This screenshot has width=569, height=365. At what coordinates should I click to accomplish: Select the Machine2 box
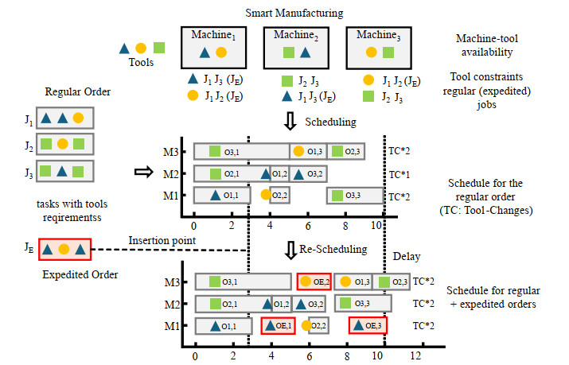294,47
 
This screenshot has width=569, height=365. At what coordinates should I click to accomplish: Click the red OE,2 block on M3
314,282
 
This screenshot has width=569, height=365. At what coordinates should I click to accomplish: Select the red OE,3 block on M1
368,324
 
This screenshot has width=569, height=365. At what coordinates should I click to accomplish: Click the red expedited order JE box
65,249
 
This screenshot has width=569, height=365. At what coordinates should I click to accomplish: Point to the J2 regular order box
65,145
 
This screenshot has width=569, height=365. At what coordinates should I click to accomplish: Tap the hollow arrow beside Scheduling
292,121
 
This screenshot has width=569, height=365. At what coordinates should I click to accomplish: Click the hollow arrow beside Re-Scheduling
291,249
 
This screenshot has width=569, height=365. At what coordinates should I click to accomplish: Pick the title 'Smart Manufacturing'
294,14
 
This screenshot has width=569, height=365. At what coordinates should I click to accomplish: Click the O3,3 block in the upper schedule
354,195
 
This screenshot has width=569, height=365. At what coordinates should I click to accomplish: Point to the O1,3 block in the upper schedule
307,151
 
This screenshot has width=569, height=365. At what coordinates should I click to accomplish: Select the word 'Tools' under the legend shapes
141,60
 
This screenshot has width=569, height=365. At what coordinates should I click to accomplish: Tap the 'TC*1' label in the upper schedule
399,173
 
